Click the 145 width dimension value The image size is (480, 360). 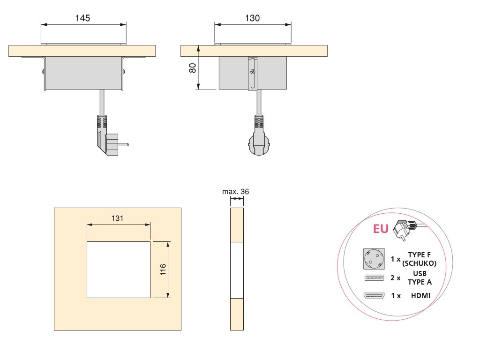(x=82, y=18)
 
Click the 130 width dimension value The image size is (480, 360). (x=252, y=18)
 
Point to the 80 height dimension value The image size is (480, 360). (x=193, y=67)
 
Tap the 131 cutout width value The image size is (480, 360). (x=117, y=218)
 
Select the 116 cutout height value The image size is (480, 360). (x=163, y=270)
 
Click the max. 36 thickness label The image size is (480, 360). (x=235, y=192)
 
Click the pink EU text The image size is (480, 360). (x=381, y=229)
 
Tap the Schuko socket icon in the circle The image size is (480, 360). (x=374, y=259)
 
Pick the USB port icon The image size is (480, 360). (x=374, y=277)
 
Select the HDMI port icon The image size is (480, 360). (x=374, y=296)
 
